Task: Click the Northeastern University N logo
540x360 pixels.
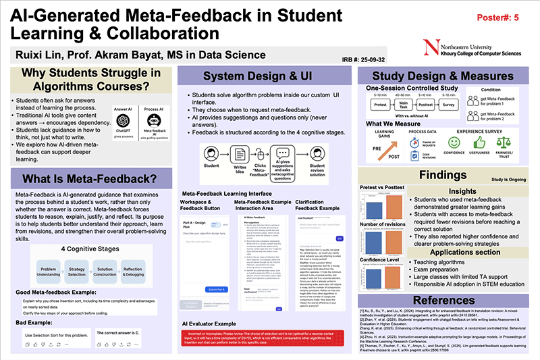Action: (x=426, y=48)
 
